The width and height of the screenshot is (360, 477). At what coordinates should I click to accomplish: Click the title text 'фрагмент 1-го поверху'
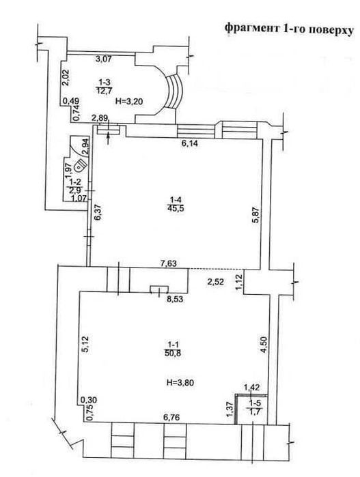point(289,29)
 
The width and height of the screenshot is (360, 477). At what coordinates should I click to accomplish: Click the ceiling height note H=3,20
point(129,101)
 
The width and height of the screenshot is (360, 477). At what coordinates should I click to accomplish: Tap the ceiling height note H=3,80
point(180,382)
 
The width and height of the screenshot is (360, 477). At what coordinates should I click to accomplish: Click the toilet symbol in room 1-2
point(81,166)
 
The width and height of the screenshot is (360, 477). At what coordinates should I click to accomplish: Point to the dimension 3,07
point(104,59)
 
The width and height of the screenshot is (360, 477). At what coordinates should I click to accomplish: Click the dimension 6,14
point(190,143)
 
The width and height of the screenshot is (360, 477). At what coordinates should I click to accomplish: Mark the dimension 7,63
point(169,263)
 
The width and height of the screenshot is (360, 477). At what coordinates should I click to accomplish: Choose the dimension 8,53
point(175,299)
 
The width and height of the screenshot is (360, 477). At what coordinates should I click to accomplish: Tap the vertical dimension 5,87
point(255,215)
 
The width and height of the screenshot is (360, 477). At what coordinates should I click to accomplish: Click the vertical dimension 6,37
point(99,212)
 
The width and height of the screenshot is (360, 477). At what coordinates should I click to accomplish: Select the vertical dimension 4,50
point(264,344)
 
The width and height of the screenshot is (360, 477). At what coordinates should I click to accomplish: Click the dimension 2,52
point(216,282)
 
